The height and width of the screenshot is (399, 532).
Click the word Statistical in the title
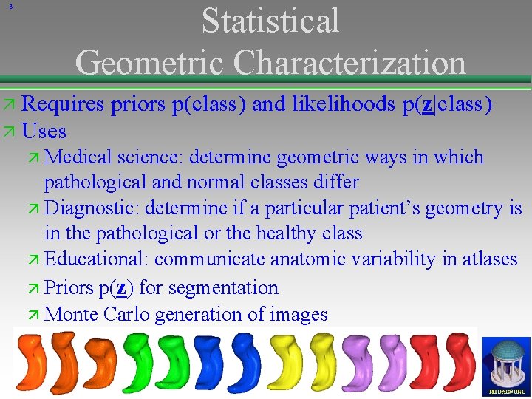tap(270, 21)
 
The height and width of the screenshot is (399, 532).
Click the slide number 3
tap(10, 7)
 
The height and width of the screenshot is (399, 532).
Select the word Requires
tap(64, 104)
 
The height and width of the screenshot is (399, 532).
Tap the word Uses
tap(44, 132)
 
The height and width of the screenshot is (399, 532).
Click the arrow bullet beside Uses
tap(10, 132)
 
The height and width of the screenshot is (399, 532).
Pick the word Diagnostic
tap(93, 208)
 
